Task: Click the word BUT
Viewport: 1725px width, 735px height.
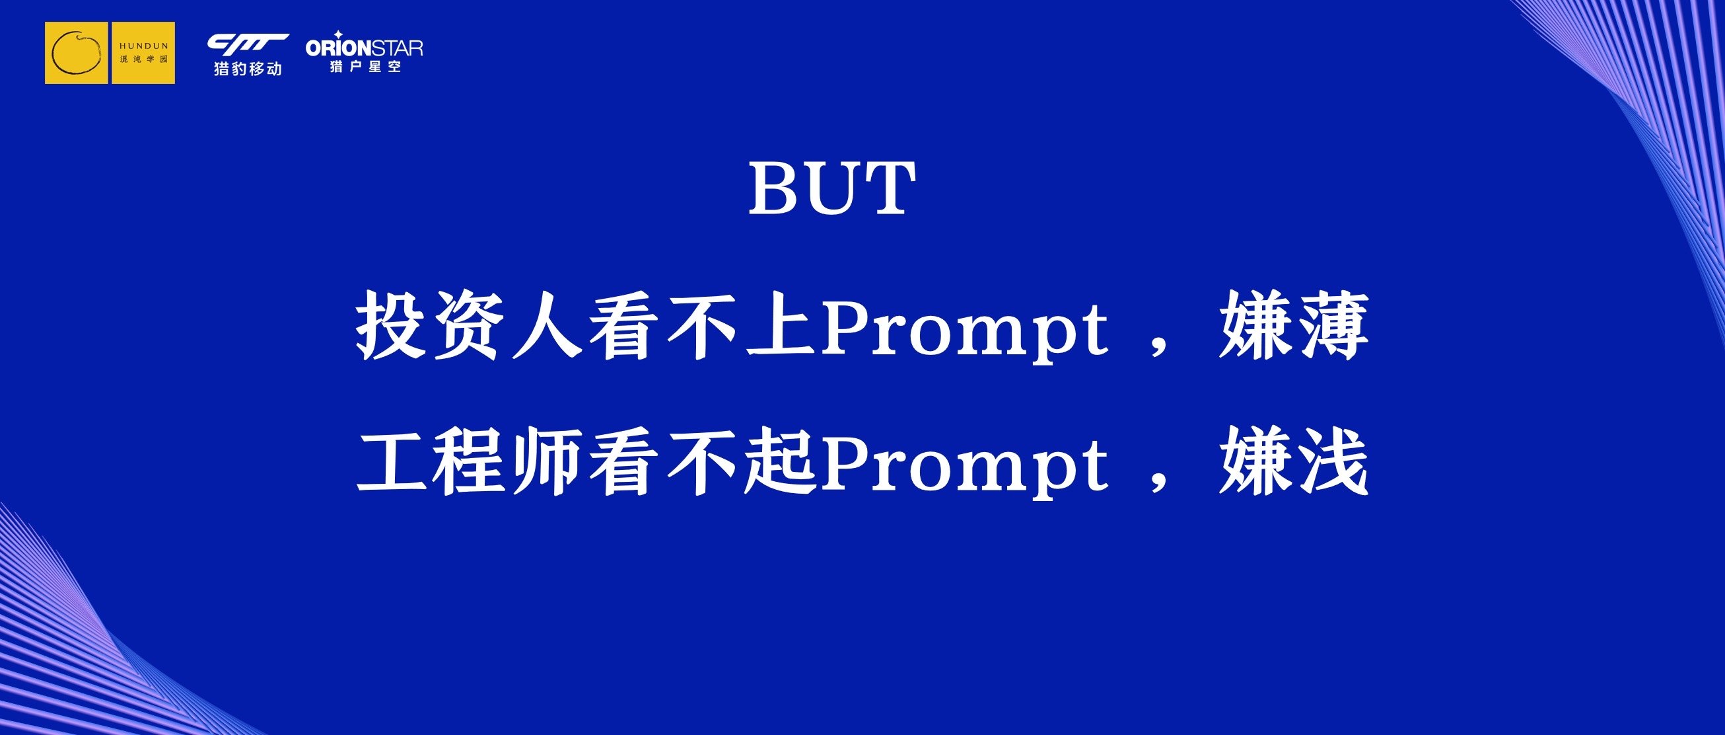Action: click(x=831, y=188)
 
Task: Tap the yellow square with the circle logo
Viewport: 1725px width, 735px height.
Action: click(x=77, y=53)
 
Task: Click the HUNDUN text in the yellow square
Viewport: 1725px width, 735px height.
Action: click(x=144, y=46)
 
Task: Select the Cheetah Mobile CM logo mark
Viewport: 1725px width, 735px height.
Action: click(x=248, y=44)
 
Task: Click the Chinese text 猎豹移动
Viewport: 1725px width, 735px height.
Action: click(x=248, y=68)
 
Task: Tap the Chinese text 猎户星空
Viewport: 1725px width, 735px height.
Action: click(x=366, y=66)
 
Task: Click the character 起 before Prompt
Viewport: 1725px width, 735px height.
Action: click(x=781, y=461)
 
